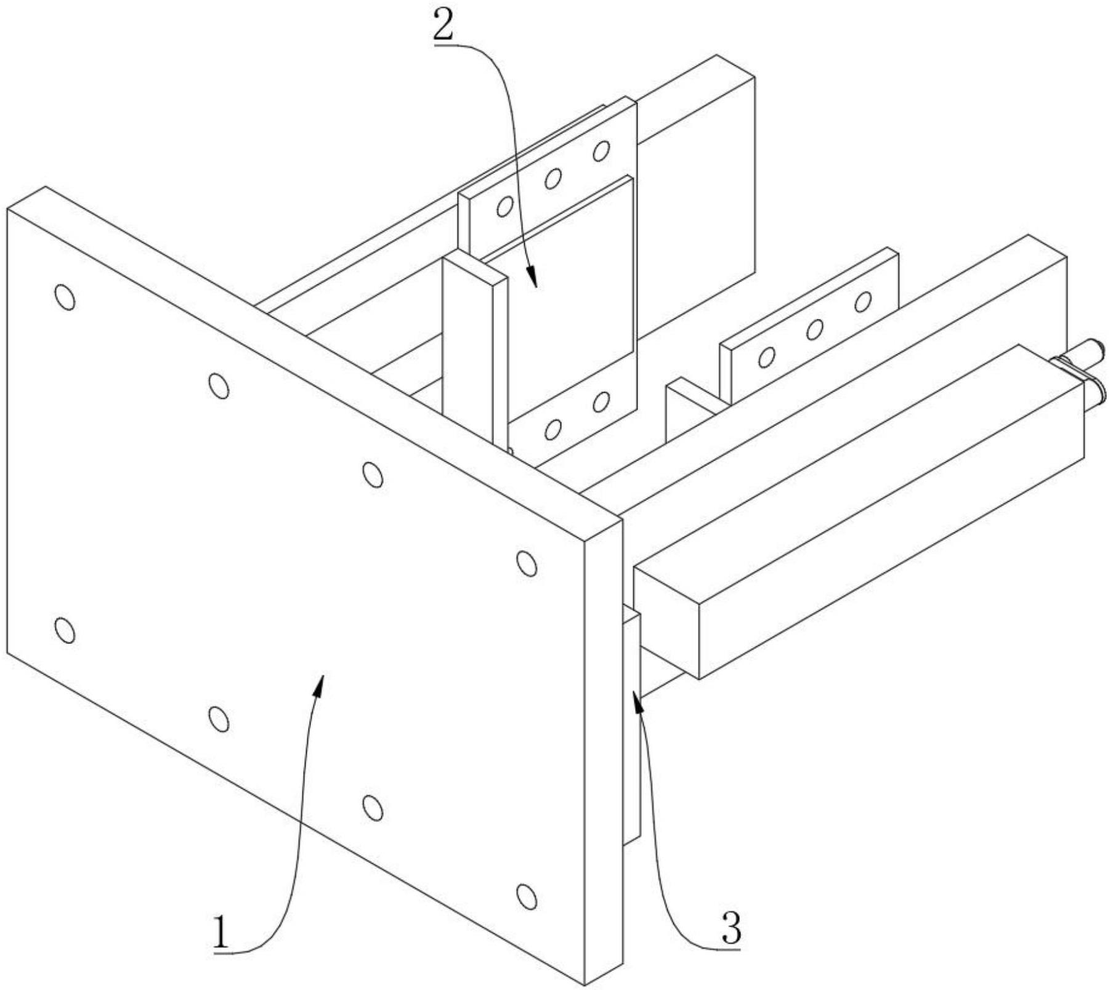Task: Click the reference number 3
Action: coord(731,928)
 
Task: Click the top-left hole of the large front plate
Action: coord(65,298)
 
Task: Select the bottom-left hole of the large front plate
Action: coord(65,630)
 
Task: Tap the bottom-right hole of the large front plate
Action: coord(526,897)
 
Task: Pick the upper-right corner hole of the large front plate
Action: coord(526,563)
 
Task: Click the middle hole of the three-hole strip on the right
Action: coord(815,330)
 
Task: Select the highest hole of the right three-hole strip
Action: coord(863,302)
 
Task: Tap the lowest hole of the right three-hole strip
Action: coord(767,358)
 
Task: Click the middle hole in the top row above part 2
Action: coord(553,179)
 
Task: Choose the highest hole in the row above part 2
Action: coord(601,151)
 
